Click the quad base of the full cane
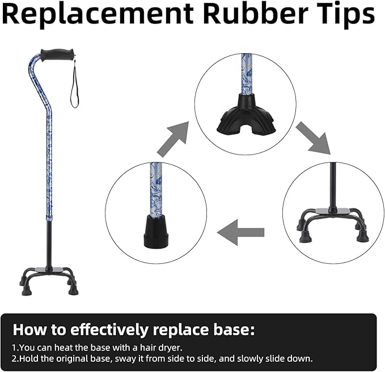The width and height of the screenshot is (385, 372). [x=49, y=280]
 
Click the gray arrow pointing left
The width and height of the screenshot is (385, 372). [x=240, y=232]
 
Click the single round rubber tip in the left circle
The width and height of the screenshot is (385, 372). [x=156, y=230]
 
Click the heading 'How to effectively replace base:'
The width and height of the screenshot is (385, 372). [x=134, y=330]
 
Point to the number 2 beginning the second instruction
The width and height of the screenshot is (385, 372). [x=14, y=359]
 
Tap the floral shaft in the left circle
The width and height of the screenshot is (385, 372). [x=156, y=189]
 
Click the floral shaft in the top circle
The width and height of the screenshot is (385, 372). [x=247, y=74]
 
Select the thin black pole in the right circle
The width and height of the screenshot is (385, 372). [x=333, y=186]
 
